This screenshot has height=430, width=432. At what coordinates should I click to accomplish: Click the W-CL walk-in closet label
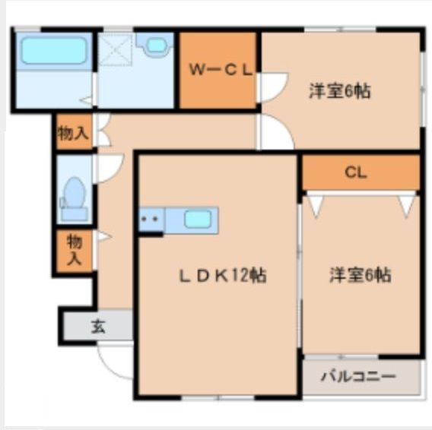(219, 70)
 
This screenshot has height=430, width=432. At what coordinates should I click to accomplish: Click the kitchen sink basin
(199, 220)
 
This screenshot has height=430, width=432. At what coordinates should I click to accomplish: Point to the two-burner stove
(151, 220)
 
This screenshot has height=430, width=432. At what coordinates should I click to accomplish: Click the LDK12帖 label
(222, 276)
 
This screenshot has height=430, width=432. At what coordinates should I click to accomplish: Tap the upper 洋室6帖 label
(339, 91)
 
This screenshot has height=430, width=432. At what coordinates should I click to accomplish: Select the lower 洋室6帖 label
(361, 275)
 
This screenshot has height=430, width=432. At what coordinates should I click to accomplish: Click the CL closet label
(355, 172)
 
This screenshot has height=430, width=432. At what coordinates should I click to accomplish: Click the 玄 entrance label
(98, 327)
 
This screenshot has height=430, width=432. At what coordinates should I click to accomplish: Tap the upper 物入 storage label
(73, 134)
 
